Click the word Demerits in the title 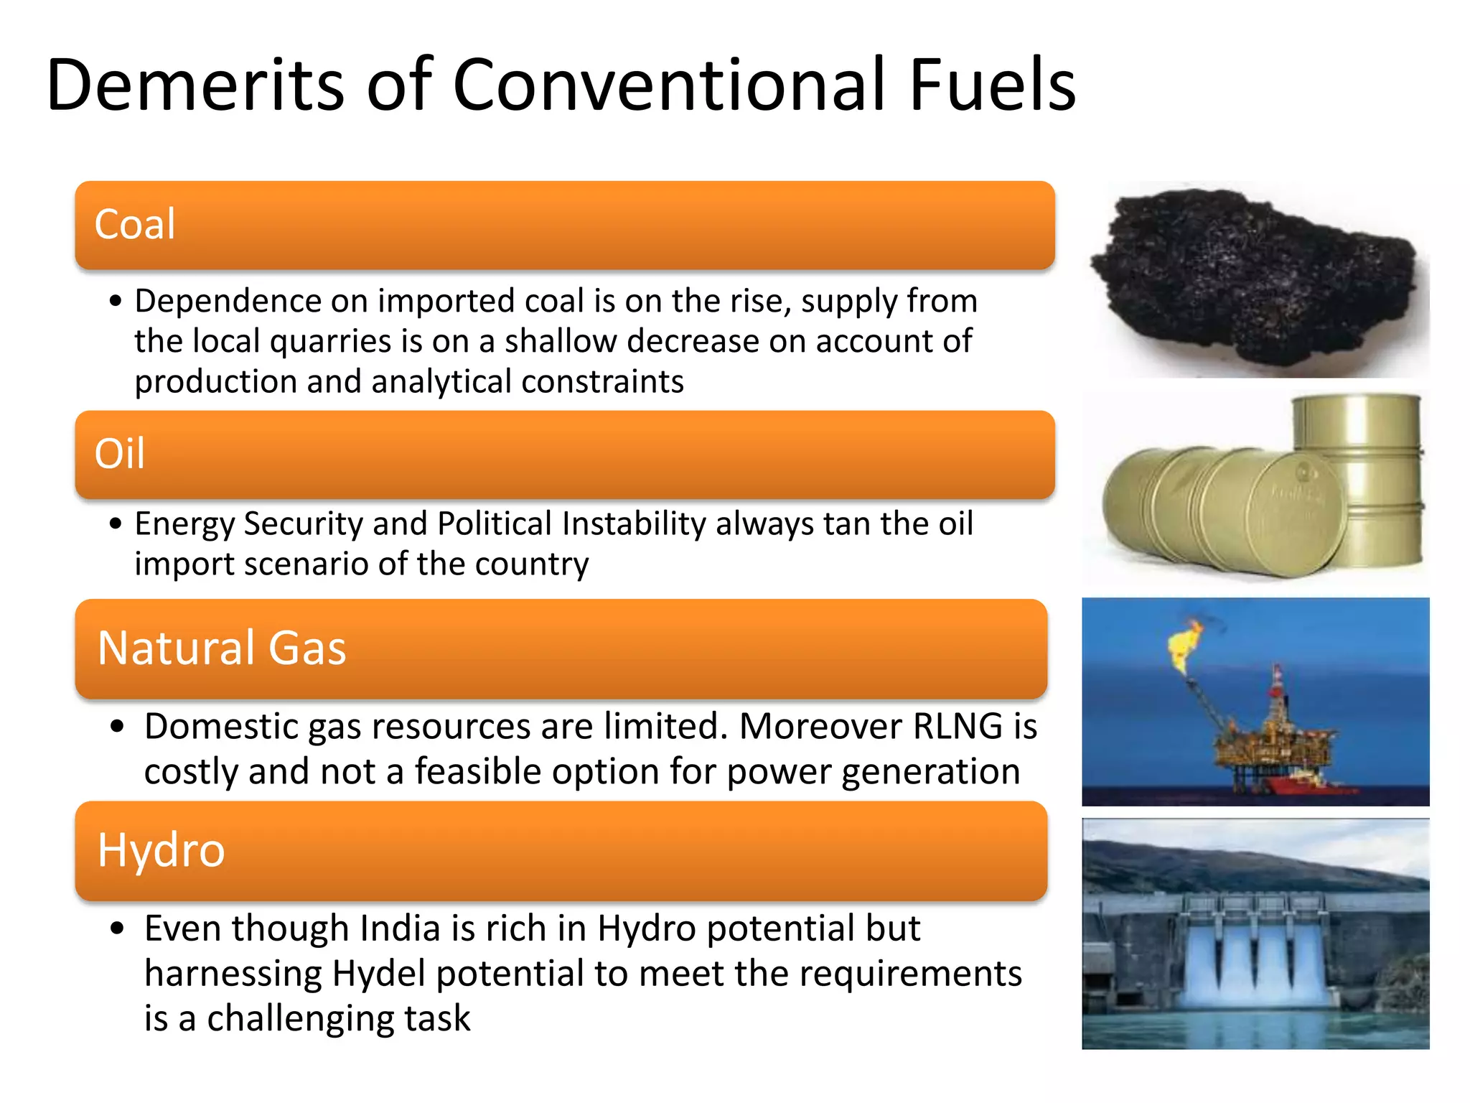click(x=195, y=86)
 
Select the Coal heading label click(x=135, y=224)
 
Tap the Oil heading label click(x=119, y=454)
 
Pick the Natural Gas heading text click(x=221, y=648)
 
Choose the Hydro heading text click(x=161, y=850)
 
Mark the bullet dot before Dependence click(x=116, y=302)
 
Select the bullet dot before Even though click(x=118, y=929)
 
